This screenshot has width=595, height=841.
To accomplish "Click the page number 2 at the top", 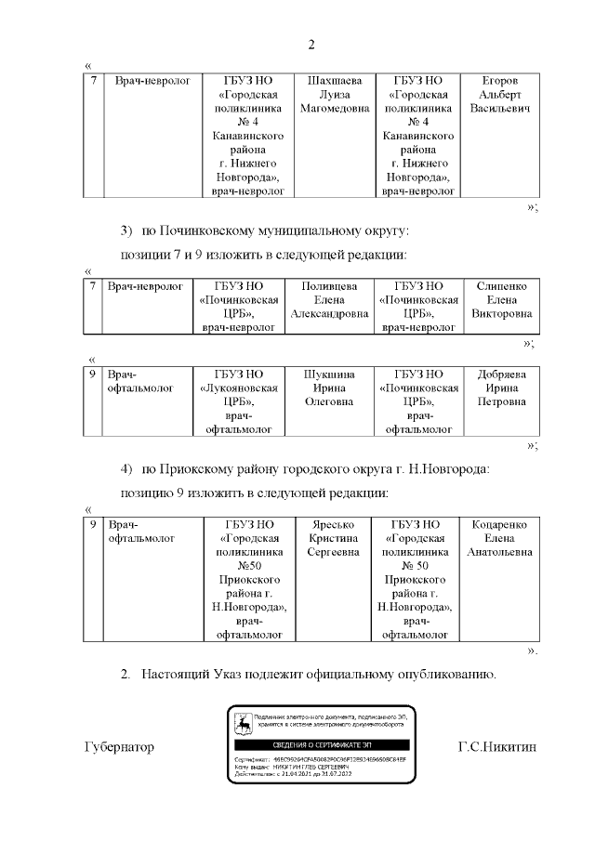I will (312, 45).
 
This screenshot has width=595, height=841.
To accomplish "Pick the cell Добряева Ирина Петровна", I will (502, 388).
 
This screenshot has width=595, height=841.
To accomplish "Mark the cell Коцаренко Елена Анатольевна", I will (502, 539).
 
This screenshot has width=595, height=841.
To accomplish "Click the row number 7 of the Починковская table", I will (93, 286).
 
